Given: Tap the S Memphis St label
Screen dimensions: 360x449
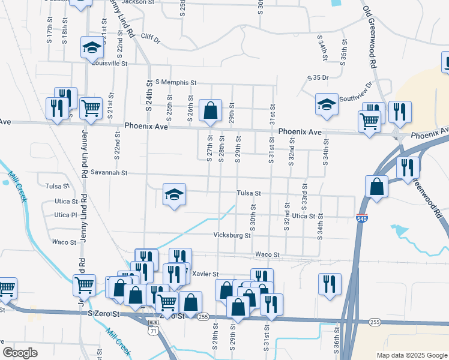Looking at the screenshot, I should click(x=176, y=82).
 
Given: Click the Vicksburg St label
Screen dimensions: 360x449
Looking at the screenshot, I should click(x=232, y=236).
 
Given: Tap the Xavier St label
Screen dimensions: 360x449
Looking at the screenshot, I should click(x=206, y=274).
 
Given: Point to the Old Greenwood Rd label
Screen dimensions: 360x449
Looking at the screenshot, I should click(x=369, y=37).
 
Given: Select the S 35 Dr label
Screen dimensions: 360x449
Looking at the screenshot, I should click(x=318, y=78).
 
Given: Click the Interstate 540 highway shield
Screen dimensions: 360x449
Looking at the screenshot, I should click(x=362, y=218).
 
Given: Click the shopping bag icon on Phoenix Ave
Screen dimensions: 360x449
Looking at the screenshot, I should click(x=210, y=110).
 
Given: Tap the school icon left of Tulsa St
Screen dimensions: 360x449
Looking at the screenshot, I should click(x=174, y=194).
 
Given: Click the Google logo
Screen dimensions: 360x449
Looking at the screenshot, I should click(x=20, y=353).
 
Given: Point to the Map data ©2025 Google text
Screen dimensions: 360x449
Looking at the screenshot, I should click(x=411, y=355).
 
